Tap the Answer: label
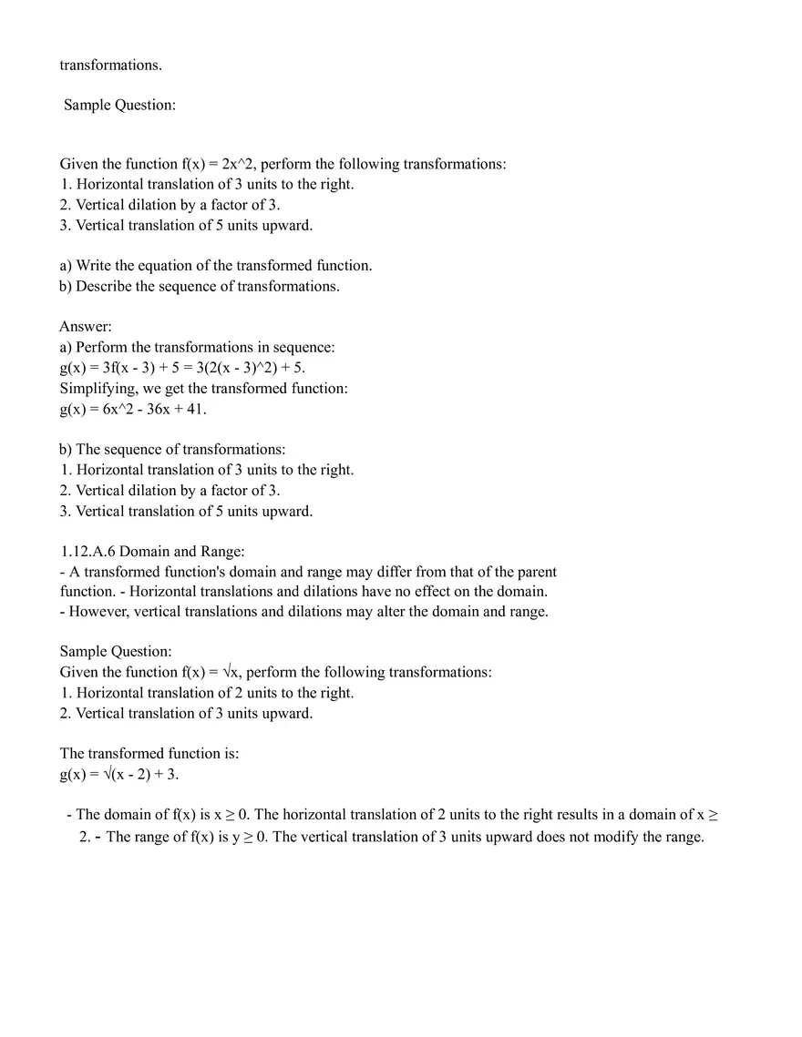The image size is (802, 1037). click(x=86, y=326)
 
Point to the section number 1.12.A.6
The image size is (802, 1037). click(x=87, y=551)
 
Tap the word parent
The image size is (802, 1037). click(x=535, y=572)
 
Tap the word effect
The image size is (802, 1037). click(x=400, y=591)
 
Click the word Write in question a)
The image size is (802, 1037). click(x=96, y=266)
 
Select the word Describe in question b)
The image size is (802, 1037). click(x=106, y=286)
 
